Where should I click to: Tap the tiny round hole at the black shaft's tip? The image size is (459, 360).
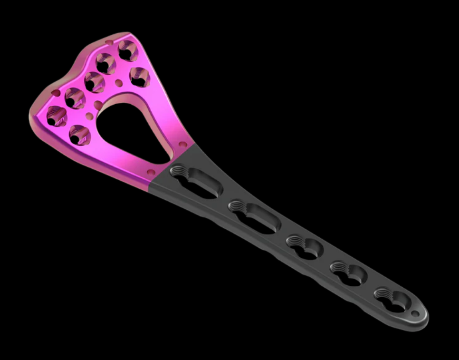[415, 314]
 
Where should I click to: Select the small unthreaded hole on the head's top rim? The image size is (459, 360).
[110, 43]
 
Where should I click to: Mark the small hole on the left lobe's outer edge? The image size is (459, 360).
[56, 93]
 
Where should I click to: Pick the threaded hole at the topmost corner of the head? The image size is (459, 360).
[128, 50]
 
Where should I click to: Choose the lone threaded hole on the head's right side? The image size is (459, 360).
[139, 77]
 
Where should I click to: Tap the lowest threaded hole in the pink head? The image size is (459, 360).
[80, 134]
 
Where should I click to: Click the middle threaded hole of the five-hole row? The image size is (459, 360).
[95, 82]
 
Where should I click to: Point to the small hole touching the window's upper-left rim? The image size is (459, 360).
[98, 105]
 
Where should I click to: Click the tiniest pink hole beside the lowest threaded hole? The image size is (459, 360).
[89, 116]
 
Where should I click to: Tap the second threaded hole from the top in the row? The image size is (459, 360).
[106, 63]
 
